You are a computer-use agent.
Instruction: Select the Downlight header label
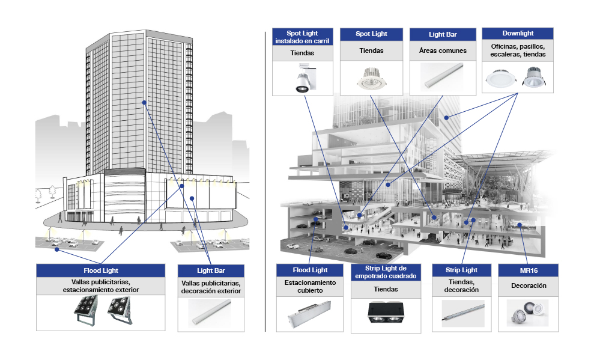[x=517, y=34]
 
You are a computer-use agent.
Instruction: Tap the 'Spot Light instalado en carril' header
[x=303, y=37]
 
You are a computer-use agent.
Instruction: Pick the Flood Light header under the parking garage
[x=310, y=270]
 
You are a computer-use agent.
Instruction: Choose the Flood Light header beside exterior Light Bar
[x=100, y=270]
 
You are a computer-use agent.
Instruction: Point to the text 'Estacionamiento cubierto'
[x=310, y=286]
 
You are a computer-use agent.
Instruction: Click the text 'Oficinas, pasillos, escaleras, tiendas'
[x=517, y=50]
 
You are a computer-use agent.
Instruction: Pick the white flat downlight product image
[x=500, y=78]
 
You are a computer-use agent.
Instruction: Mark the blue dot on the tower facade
[x=144, y=103]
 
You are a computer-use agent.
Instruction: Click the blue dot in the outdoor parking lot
[x=56, y=248]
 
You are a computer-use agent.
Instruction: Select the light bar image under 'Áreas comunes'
[x=443, y=78]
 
